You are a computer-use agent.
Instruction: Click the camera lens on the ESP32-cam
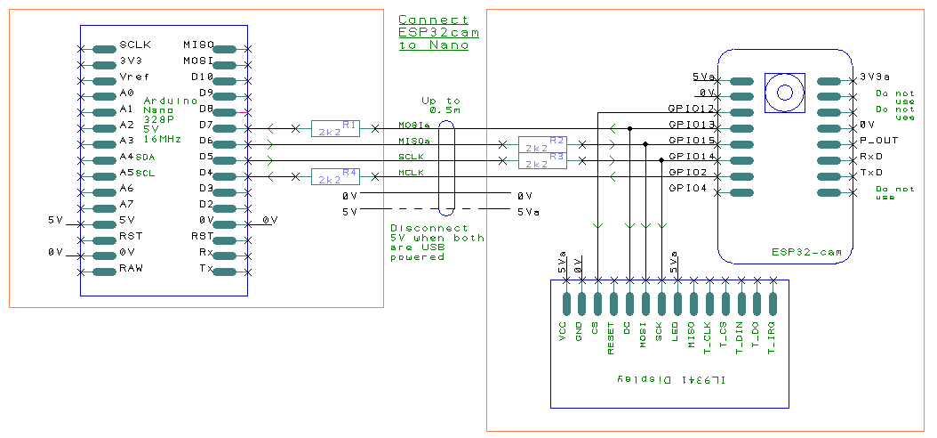point(785,92)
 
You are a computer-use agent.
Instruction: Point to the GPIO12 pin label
point(692,108)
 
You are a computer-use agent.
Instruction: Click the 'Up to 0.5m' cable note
point(441,105)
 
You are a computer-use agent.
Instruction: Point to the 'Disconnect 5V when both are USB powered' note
point(436,242)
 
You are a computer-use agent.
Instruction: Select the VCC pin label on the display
point(563,331)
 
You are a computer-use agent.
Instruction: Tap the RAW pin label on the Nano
point(131,268)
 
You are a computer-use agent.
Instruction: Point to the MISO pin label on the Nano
point(197,45)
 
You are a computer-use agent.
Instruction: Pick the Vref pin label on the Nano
point(133,77)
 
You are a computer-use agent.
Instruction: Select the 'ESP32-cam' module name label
point(805,254)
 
